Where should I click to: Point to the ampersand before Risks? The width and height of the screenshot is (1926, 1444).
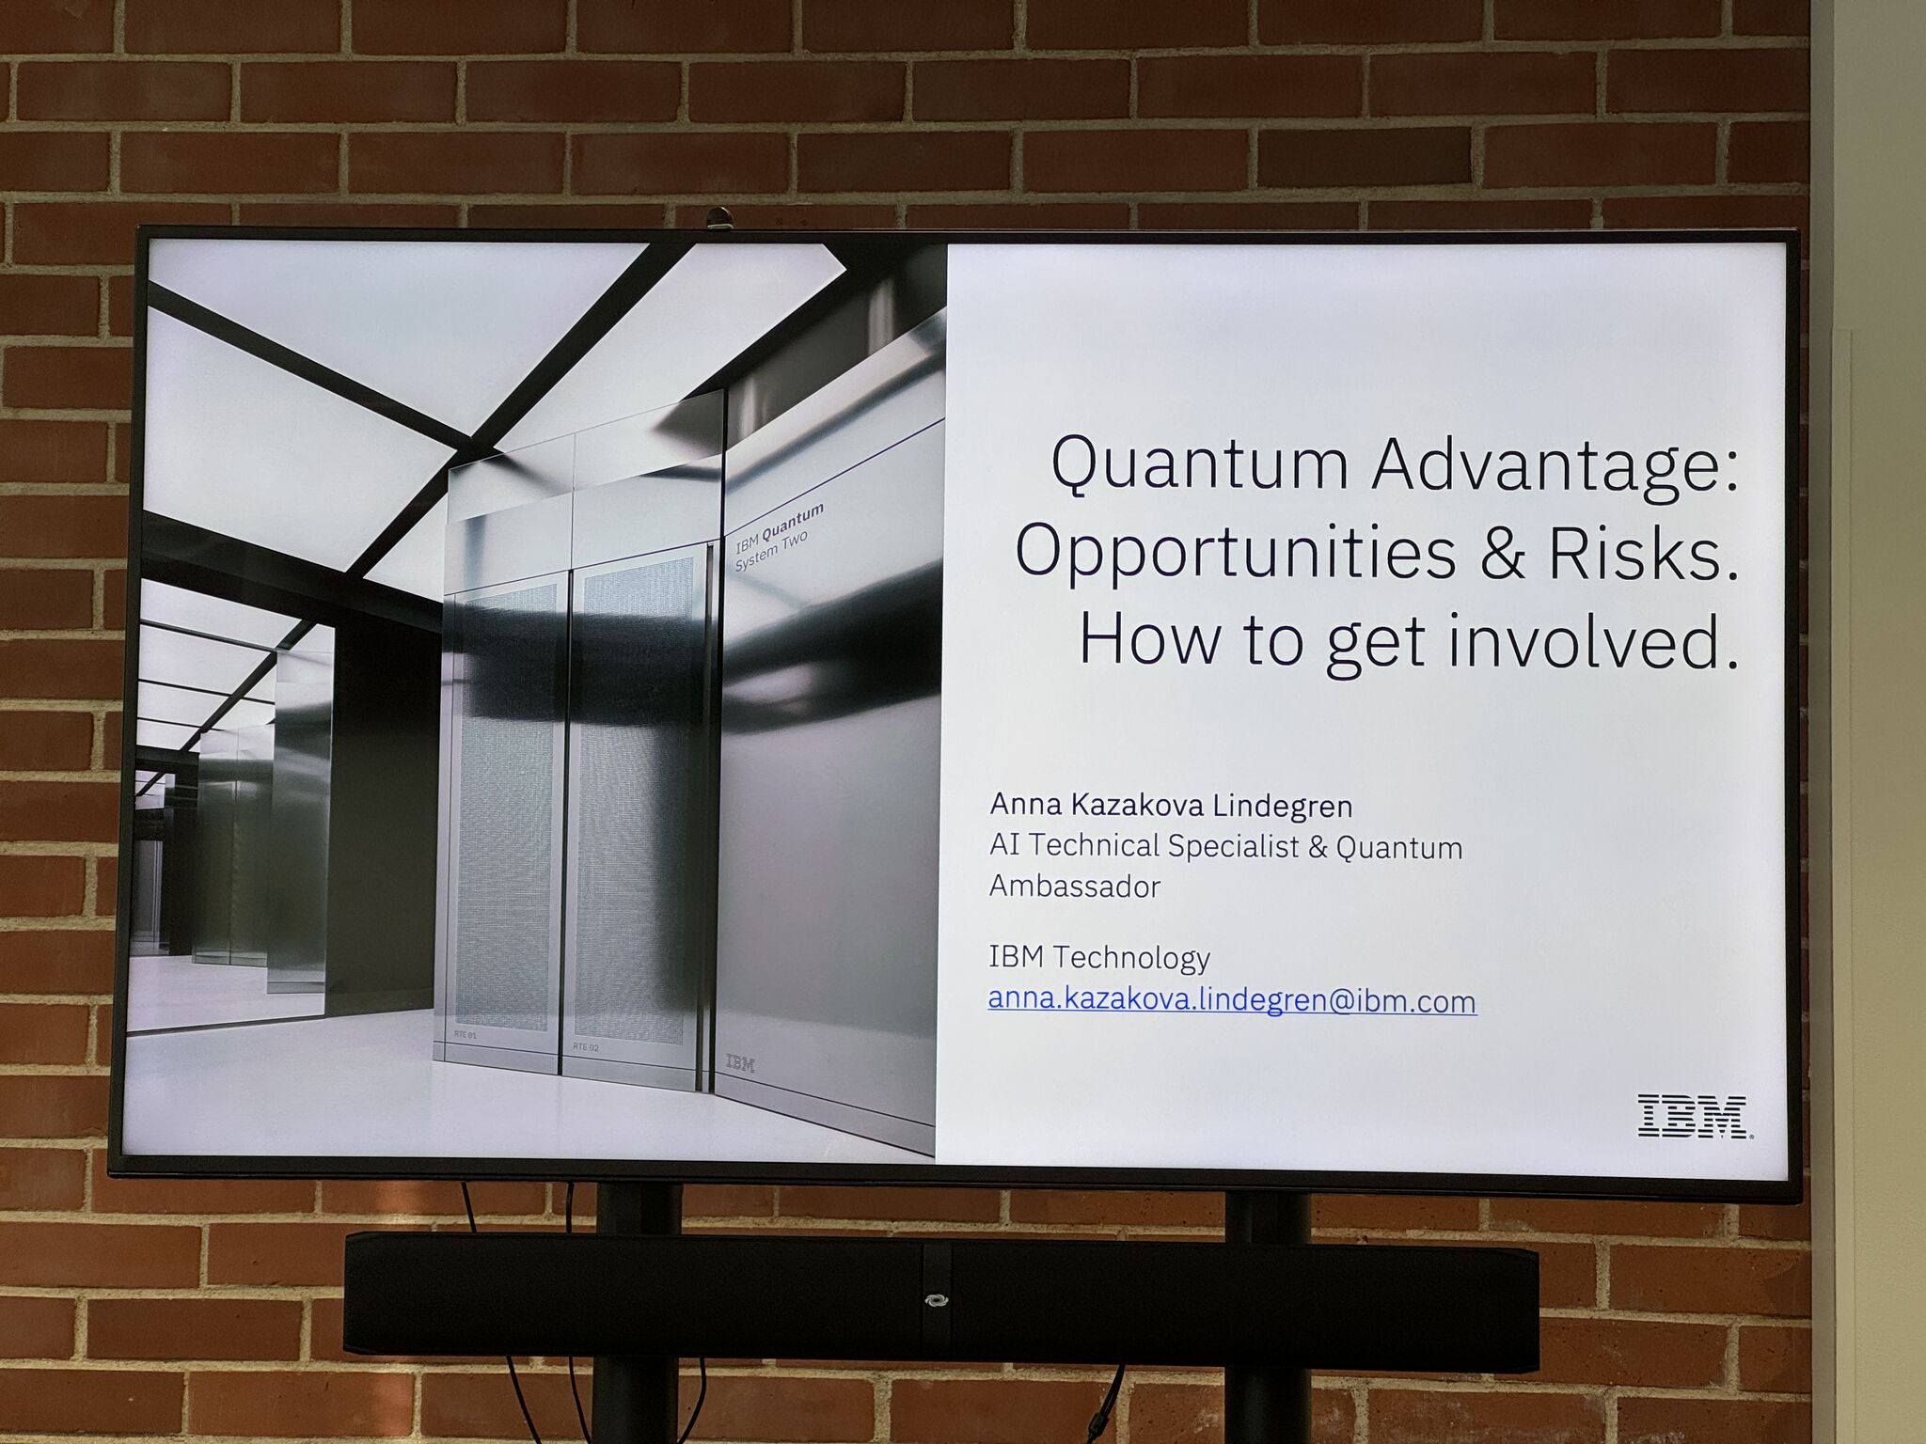coord(1502,554)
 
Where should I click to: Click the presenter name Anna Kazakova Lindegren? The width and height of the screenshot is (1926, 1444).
coord(1171,806)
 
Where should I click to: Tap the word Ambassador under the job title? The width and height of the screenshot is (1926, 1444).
coord(1075,887)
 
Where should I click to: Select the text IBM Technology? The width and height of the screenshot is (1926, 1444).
coord(1099,958)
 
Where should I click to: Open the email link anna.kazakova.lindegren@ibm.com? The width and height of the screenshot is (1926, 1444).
coord(1232,1000)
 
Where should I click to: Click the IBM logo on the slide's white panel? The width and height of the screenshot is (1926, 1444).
coord(1695,1116)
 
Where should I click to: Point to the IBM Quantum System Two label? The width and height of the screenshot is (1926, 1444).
coord(779,537)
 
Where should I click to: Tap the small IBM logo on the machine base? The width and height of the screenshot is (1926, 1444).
coord(740,1063)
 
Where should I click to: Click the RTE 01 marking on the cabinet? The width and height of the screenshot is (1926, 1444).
coord(466,1036)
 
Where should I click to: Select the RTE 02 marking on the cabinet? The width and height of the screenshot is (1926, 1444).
coord(585,1045)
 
